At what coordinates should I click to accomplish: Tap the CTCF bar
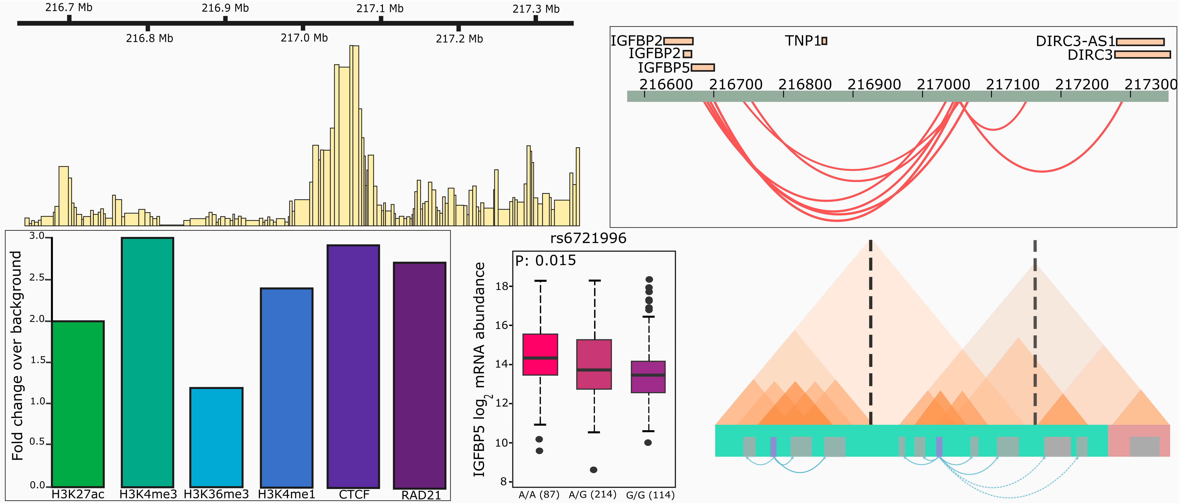353,366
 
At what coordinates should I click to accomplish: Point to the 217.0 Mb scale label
304,38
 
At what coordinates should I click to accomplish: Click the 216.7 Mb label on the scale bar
69,7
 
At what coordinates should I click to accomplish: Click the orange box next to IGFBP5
703,68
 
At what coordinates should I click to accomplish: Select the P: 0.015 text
545,260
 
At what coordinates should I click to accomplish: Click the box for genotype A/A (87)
540,355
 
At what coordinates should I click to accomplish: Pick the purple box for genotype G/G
648,377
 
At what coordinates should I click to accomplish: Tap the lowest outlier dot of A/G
594,470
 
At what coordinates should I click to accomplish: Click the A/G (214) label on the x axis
593,495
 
